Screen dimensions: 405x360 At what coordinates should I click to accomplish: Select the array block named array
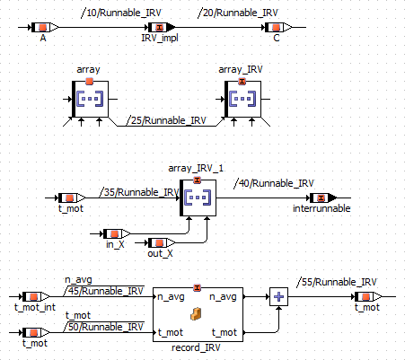coord(90,99)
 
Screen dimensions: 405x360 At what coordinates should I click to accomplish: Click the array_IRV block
coord(242,99)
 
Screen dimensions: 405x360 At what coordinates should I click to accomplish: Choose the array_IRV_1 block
coord(198,198)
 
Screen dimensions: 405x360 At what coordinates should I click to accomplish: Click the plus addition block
coord(278,296)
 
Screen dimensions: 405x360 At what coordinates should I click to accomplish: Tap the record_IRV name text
coord(196,347)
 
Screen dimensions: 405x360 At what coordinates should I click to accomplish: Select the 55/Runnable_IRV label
coord(337,282)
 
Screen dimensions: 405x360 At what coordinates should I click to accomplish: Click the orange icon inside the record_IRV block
coord(196,314)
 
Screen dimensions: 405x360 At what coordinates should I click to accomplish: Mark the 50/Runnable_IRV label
coord(104,327)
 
